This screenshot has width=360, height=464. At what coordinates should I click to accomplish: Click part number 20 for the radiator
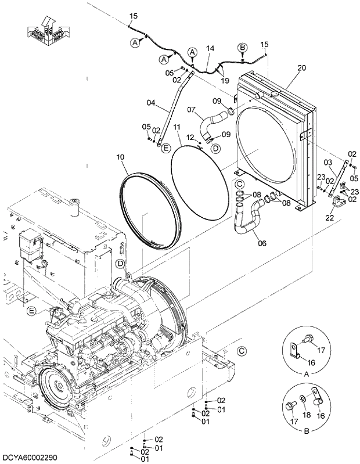point(301,68)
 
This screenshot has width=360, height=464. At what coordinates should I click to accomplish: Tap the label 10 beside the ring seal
point(120,157)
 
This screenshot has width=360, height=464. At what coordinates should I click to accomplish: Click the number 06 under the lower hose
point(262,243)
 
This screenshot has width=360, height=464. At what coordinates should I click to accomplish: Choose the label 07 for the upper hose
point(191,109)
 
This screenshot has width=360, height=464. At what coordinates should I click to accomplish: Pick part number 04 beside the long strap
point(150,103)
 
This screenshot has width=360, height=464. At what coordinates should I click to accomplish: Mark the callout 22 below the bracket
point(330,218)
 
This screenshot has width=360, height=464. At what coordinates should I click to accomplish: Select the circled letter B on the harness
point(243,46)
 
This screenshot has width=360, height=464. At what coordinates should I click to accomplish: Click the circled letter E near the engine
point(32,311)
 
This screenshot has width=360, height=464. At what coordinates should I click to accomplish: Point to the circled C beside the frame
point(242,350)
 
